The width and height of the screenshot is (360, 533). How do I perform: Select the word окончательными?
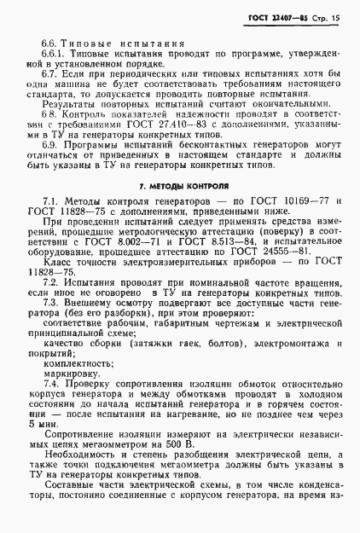click(252, 120)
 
